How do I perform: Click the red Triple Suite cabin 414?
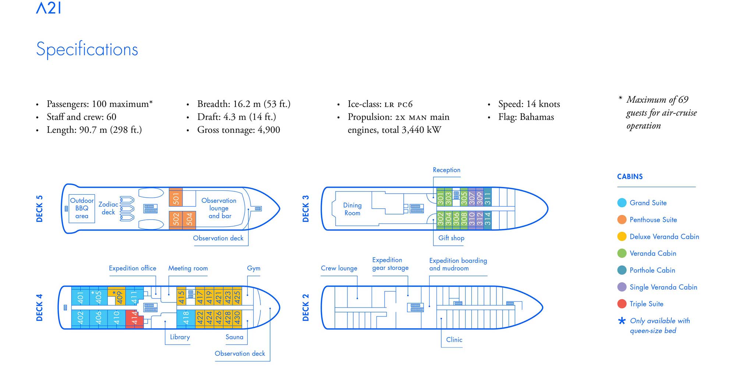(135, 318)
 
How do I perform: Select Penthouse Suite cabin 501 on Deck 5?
(176, 197)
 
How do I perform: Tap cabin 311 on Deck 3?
(487, 198)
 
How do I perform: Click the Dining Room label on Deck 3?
(352, 209)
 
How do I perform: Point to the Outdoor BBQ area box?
(82, 208)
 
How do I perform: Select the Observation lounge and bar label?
(219, 208)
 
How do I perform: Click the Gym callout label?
(254, 268)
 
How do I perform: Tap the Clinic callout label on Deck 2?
(454, 340)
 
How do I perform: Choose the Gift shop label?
(451, 238)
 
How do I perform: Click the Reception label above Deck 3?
(446, 170)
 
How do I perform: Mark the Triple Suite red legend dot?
(622, 304)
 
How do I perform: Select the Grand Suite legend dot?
(622, 203)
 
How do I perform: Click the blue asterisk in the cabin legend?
(622, 321)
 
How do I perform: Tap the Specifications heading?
(87, 49)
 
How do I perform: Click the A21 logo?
(49, 8)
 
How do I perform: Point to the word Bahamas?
(537, 117)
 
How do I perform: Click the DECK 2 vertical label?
(305, 308)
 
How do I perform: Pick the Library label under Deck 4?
(180, 337)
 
